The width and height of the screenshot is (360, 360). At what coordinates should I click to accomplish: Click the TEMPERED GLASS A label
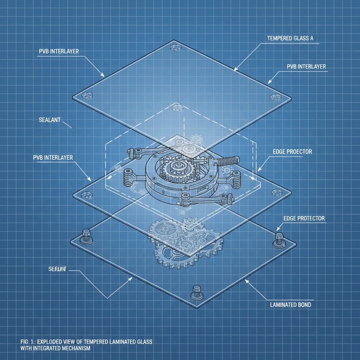click(290, 39)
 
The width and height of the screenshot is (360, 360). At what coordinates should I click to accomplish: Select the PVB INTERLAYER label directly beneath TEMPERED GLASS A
click(306, 66)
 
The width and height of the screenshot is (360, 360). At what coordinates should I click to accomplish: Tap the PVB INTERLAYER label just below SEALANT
click(53, 157)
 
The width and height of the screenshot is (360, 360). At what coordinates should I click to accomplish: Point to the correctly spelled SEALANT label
click(49, 120)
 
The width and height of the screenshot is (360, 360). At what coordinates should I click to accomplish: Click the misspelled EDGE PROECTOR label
click(292, 152)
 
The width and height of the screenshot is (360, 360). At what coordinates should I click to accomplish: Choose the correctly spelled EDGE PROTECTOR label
click(304, 218)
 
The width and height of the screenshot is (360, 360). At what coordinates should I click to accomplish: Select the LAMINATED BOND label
click(290, 304)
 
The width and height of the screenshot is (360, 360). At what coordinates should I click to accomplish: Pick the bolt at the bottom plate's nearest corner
click(195, 292)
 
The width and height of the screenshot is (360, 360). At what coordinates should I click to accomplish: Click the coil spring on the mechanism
click(227, 161)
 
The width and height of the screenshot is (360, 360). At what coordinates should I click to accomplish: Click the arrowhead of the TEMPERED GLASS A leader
click(235, 69)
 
